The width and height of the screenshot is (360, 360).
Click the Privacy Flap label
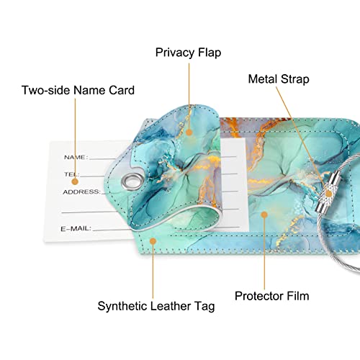click(x=188, y=53)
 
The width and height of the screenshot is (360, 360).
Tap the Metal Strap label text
click(x=279, y=79)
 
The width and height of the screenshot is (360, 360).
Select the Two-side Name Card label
click(x=78, y=90)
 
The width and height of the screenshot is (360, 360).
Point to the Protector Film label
click(x=271, y=296)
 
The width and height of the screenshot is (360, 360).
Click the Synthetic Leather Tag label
click(x=156, y=307)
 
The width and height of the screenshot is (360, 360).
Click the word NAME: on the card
click(x=76, y=158)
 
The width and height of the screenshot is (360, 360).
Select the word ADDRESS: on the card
click(x=82, y=192)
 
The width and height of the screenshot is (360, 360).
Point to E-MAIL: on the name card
click(x=76, y=228)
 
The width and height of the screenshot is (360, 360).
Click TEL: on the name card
click(x=71, y=174)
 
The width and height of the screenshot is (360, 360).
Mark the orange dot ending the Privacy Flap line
click(x=189, y=132)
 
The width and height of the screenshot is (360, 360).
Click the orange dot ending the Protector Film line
click(x=264, y=215)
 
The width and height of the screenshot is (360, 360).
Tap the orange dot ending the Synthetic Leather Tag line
click(x=153, y=241)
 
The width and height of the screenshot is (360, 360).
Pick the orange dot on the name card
click(x=75, y=181)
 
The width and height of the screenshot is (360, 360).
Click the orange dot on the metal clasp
click(x=329, y=194)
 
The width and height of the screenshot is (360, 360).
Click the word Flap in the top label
click(x=210, y=53)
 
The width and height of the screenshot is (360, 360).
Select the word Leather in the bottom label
click(x=170, y=306)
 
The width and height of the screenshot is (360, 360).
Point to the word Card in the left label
click(x=122, y=90)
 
